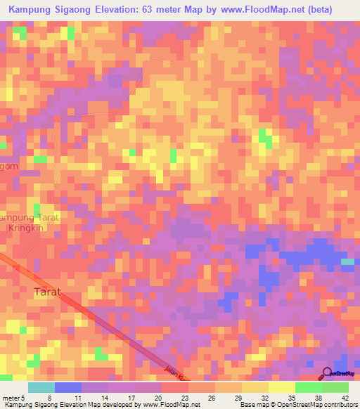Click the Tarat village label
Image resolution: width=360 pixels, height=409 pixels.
coord(48,291)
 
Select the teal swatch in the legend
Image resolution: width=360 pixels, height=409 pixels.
coord(41,387)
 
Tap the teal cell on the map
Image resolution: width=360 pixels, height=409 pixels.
coord(347,261)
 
